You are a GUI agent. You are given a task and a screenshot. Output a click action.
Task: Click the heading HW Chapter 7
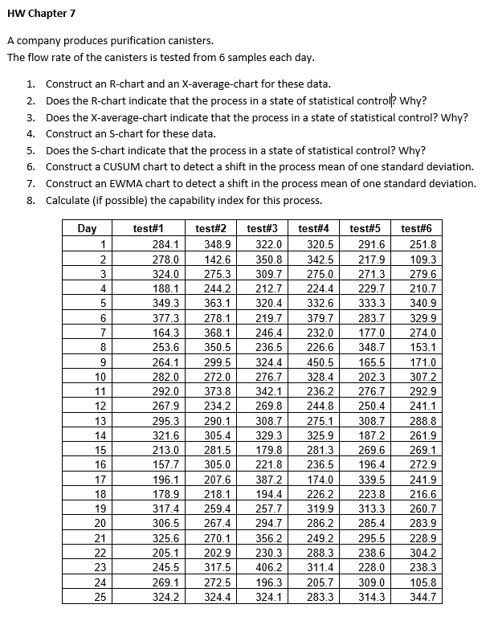click(x=41, y=14)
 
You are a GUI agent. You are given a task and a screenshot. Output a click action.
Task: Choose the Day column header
click(x=87, y=229)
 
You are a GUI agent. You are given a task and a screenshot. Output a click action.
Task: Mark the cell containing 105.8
click(x=423, y=582)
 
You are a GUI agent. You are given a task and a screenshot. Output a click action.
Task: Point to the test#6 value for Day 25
click(x=423, y=598)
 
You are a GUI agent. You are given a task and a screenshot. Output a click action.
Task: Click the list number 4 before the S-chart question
click(x=30, y=133)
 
